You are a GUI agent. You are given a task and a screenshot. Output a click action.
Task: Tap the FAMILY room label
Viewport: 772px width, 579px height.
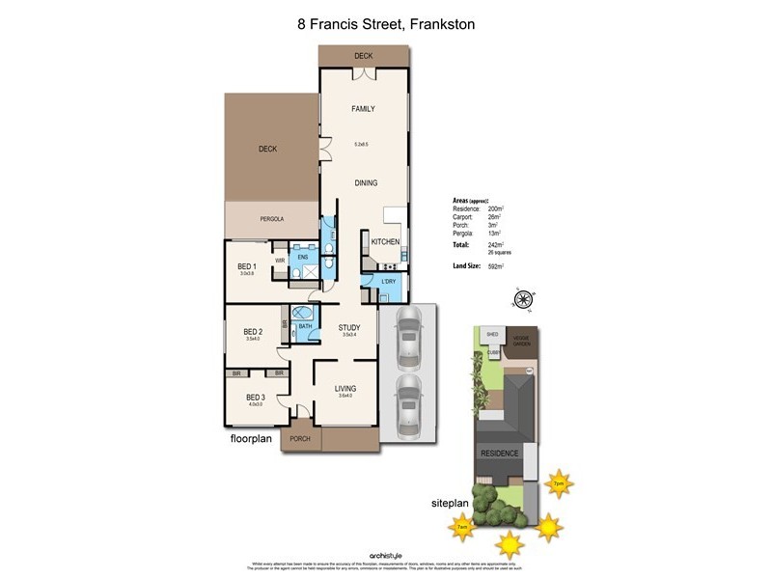tap(363, 109)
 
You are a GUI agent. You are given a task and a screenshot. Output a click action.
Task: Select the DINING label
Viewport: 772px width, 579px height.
tap(365, 182)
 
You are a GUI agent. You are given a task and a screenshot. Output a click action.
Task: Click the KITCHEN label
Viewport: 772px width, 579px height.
tap(385, 241)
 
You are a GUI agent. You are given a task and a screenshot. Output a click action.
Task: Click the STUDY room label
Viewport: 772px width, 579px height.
tap(348, 328)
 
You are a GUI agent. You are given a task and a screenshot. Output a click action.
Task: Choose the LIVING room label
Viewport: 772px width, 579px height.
tap(345, 388)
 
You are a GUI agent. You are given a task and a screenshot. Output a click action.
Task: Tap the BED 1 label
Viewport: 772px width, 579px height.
tap(247, 266)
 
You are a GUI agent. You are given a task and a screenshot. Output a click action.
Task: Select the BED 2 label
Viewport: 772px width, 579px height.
tap(254, 332)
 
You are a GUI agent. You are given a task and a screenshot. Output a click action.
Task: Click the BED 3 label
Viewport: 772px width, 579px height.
tap(255, 397)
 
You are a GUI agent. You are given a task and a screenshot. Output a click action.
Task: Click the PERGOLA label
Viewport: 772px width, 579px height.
tap(272, 220)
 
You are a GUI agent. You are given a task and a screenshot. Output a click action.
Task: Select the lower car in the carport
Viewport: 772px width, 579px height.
tap(408, 399)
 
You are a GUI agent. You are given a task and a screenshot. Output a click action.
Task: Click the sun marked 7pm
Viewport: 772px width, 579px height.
tap(558, 482)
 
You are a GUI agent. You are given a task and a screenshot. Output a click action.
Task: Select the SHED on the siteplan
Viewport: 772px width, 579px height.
tap(493, 335)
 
